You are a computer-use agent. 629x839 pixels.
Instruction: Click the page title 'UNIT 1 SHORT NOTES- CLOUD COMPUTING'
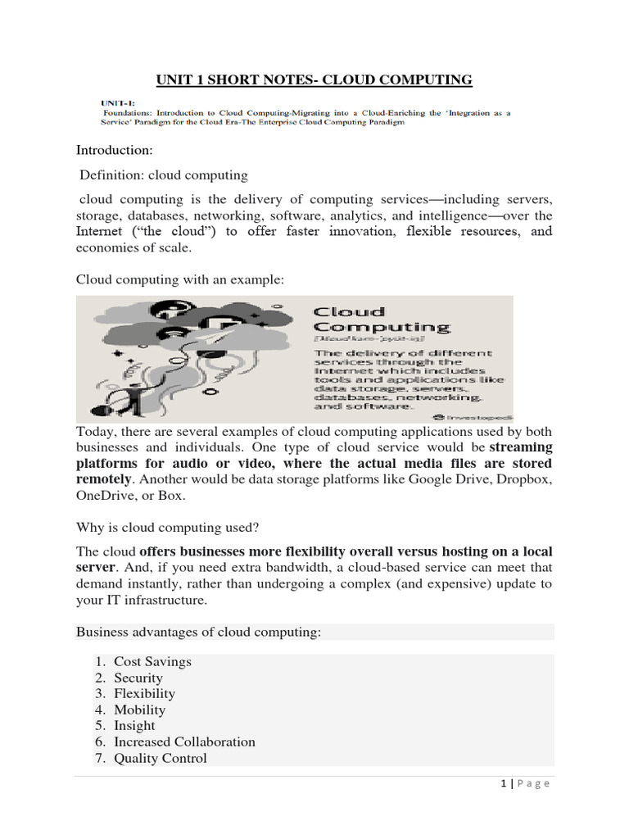click(x=314, y=79)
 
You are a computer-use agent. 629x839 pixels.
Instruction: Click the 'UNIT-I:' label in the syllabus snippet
click(x=115, y=102)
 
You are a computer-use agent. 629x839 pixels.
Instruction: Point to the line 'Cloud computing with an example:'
click(x=180, y=279)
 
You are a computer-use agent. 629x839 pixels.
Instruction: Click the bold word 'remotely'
click(x=103, y=478)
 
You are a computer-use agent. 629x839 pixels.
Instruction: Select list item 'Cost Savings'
click(x=152, y=661)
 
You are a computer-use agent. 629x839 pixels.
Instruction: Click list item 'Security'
click(x=138, y=678)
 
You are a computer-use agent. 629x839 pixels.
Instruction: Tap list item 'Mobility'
click(x=139, y=710)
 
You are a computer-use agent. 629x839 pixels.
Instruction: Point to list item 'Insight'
click(x=134, y=725)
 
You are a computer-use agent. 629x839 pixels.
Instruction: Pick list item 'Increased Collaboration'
click(x=184, y=741)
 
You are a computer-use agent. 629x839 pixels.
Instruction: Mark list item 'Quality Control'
click(x=161, y=758)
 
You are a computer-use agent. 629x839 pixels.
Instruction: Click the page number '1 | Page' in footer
click(x=525, y=784)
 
